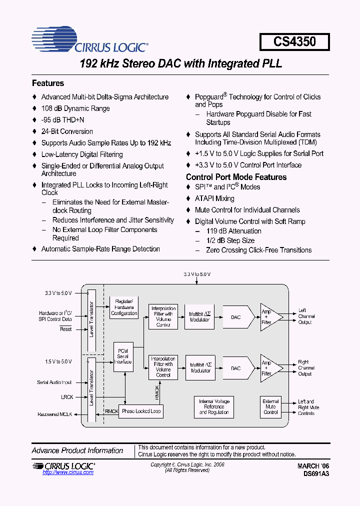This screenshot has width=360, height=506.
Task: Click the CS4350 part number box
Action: tap(294, 41)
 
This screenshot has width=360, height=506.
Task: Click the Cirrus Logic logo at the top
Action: tap(90, 41)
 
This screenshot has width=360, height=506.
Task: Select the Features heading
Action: tap(48, 83)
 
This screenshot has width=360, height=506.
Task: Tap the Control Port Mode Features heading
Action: tap(236, 177)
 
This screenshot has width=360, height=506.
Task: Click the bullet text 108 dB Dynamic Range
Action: tap(75, 108)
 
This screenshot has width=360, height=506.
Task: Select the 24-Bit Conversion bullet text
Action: tap(67, 131)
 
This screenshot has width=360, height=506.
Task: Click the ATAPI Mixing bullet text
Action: tap(214, 198)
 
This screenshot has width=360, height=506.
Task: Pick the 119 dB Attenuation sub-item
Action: tap(233, 231)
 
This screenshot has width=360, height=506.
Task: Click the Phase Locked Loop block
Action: tap(141, 411)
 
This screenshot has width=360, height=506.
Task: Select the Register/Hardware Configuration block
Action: tap(124, 307)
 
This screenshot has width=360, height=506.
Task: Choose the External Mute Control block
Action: tap(270, 406)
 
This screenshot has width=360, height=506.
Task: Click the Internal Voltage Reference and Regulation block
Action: tap(214, 406)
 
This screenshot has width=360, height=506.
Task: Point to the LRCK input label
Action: tap(66, 397)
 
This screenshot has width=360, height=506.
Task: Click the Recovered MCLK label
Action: tap(55, 414)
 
